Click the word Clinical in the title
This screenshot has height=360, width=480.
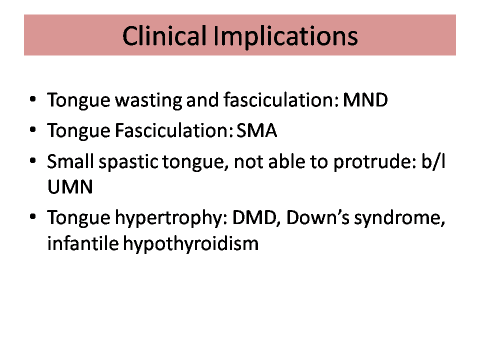point(164,36)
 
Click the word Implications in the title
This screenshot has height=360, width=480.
point(285,36)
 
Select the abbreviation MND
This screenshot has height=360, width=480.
point(365,100)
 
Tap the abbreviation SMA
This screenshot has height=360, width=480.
point(256,130)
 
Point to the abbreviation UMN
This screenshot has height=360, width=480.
point(70,186)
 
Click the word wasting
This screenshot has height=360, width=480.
point(148,100)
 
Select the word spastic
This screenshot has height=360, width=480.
point(128,162)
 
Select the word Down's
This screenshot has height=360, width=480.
point(318,217)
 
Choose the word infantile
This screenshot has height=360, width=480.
point(82,243)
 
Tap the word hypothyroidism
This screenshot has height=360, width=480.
point(190,244)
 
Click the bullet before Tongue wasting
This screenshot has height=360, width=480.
point(33,99)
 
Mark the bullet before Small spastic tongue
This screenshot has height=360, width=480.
point(33,160)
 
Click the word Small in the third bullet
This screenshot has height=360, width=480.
point(70,161)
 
